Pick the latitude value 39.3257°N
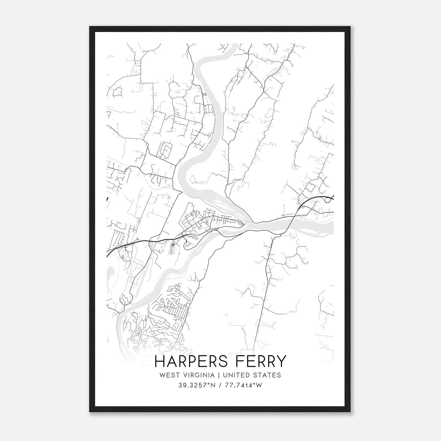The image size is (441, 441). [197, 385]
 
